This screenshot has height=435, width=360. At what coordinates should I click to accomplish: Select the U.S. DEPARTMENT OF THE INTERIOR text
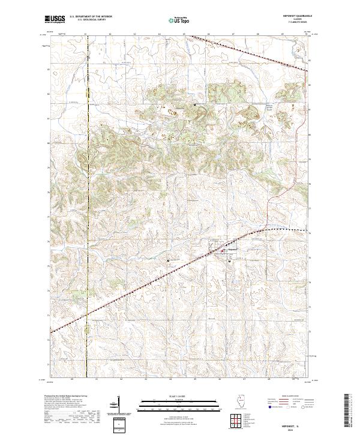coord(91,16)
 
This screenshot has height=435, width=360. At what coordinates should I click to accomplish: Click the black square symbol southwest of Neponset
coord(169,260)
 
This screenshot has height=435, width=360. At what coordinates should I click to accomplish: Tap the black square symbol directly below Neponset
coord(229,260)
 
